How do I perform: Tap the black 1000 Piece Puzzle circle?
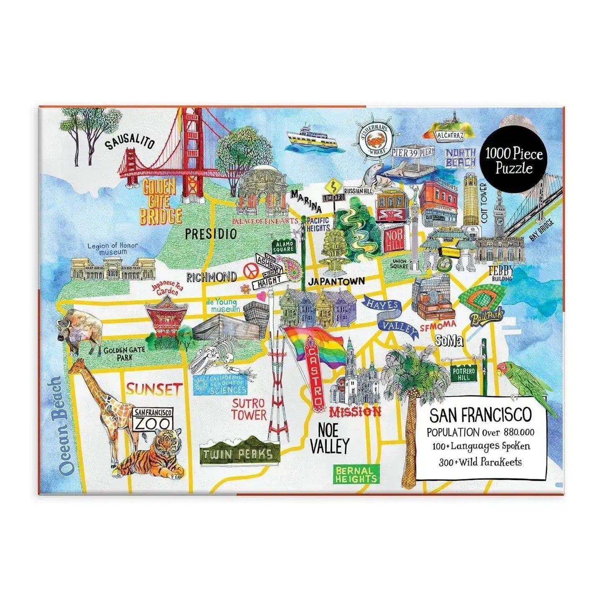tap(514, 161)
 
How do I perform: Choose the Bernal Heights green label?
tap(356, 474)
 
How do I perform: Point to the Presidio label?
tap(211, 233)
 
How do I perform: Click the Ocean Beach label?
tap(59, 426)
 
